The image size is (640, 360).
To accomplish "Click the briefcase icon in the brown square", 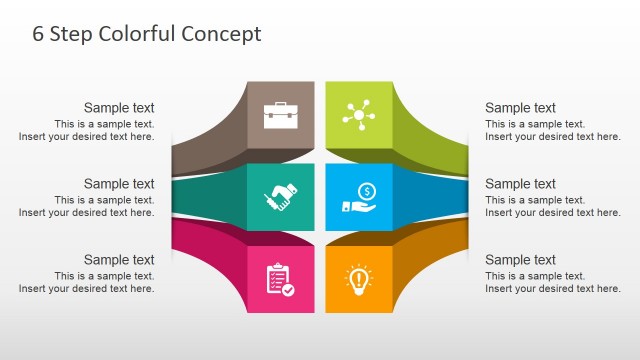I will [x=279, y=115].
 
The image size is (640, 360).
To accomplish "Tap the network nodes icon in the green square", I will [x=359, y=115].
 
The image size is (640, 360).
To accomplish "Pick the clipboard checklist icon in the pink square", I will [x=279, y=278].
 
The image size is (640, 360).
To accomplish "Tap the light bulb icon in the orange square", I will [x=359, y=277].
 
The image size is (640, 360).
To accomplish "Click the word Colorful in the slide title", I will [x=136, y=34].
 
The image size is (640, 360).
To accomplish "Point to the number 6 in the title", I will [x=39, y=34].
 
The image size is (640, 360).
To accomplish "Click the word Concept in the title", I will [x=221, y=34].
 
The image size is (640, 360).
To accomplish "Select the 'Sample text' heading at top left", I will [x=119, y=108].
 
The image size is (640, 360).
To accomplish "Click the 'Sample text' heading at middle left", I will [x=119, y=183].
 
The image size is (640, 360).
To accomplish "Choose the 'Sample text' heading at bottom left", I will [x=119, y=260].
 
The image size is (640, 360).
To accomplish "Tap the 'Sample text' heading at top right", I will [x=520, y=108].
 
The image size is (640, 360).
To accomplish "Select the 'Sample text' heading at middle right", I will [x=520, y=183].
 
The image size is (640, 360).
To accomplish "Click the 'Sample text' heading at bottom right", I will [x=520, y=260].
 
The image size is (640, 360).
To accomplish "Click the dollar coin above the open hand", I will [x=366, y=190].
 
